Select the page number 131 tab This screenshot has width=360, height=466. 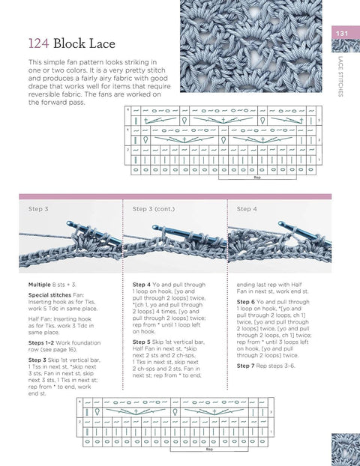[342, 32]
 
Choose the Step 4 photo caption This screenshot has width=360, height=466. [247, 209]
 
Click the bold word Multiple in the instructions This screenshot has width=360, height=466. [40, 285]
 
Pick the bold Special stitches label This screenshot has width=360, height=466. [49, 296]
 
